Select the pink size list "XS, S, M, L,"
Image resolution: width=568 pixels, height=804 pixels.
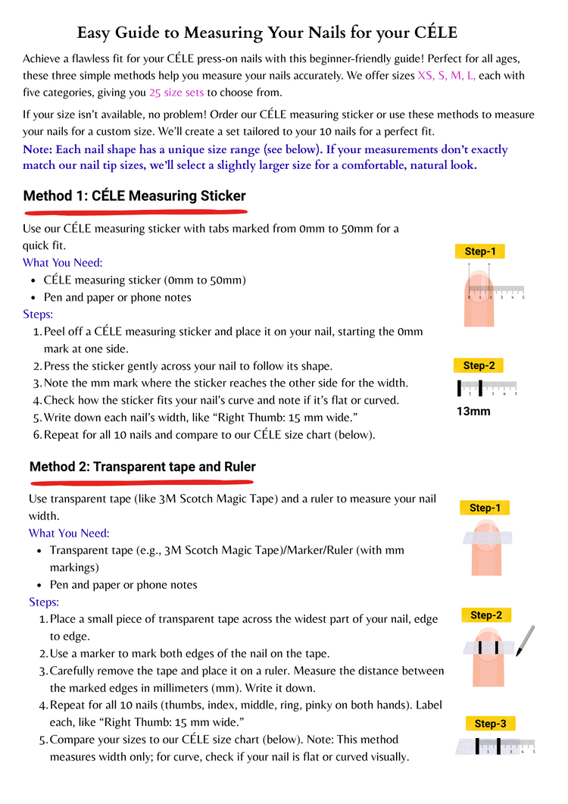(x=446, y=76)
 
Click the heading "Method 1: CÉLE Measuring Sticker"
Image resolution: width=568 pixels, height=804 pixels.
(x=135, y=196)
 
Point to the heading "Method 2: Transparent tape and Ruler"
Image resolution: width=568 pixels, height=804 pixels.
(x=142, y=467)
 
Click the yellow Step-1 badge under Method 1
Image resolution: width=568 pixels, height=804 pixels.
(x=479, y=252)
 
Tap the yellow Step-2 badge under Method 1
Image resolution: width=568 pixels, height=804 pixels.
(x=479, y=365)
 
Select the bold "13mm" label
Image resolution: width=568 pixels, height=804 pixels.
(x=473, y=411)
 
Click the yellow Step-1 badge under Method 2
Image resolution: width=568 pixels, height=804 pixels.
(x=484, y=508)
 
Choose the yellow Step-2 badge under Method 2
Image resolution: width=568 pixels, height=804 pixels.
(x=485, y=615)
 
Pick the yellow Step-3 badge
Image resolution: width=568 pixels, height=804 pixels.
(x=489, y=724)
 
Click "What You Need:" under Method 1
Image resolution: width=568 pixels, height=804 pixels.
(x=63, y=263)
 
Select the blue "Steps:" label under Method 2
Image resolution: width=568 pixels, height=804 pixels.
(x=44, y=602)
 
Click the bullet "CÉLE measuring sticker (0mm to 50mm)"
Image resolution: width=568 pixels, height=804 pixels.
(x=145, y=280)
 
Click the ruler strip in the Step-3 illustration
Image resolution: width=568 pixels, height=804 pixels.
(x=496, y=746)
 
